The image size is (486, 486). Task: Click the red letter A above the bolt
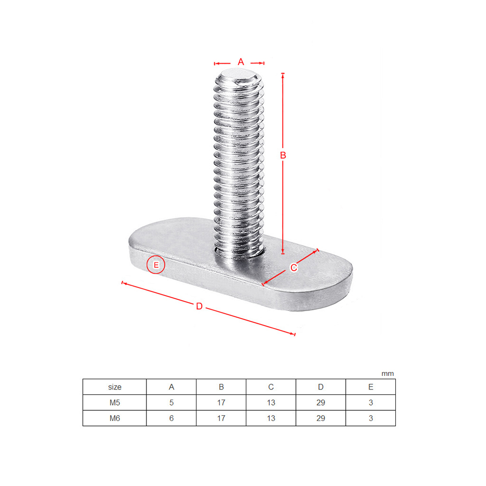pyautogui.click(x=241, y=62)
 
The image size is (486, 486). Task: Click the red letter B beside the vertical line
pyautogui.click(x=283, y=155)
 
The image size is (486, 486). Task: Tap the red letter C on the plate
pyautogui.click(x=294, y=267)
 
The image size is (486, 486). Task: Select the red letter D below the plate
pyautogui.click(x=199, y=306)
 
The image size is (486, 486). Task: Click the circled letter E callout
pyautogui.click(x=156, y=265)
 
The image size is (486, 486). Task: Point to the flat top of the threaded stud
pyautogui.click(x=239, y=76)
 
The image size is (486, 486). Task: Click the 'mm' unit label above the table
pyautogui.click(x=388, y=373)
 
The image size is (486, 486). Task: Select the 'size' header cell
pyautogui.click(x=114, y=387)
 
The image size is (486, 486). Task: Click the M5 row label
pyautogui.click(x=114, y=403)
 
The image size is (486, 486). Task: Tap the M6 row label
pyautogui.click(x=114, y=419)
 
